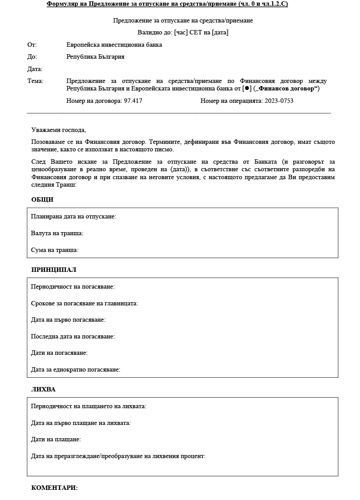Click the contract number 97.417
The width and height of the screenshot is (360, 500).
click(x=133, y=101)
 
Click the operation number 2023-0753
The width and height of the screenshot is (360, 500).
click(x=279, y=101)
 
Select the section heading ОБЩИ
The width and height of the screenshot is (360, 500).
click(x=42, y=199)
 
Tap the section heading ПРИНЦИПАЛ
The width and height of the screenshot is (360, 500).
click(x=54, y=270)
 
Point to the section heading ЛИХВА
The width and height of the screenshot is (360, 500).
click(x=43, y=389)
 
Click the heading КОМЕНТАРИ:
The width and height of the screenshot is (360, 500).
click(x=54, y=488)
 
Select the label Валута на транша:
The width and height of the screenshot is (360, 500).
click(x=57, y=233)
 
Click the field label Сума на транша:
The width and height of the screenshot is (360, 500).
click(x=54, y=250)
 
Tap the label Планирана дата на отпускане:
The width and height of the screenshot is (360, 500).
click(x=73, y=216)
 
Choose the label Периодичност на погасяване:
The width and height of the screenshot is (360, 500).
click(x=73, y=286)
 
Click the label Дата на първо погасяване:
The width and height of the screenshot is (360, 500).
click(x=68, y=320)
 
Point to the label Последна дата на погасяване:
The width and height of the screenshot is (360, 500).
click(x=73, y=336)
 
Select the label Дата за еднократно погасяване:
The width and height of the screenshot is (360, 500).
click(x=76, y=369)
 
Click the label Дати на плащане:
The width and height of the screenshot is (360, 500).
click(x=56, y=439)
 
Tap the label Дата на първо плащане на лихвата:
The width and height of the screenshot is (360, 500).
click(x=81, y=423)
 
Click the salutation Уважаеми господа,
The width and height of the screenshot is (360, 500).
click(x=59, y=130)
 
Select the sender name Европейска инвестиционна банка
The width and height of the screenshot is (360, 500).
click(x=114, y=45)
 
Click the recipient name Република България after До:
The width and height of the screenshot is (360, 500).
click(x=95, y=56)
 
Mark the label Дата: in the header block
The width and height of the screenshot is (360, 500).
click(x=35, y=69)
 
